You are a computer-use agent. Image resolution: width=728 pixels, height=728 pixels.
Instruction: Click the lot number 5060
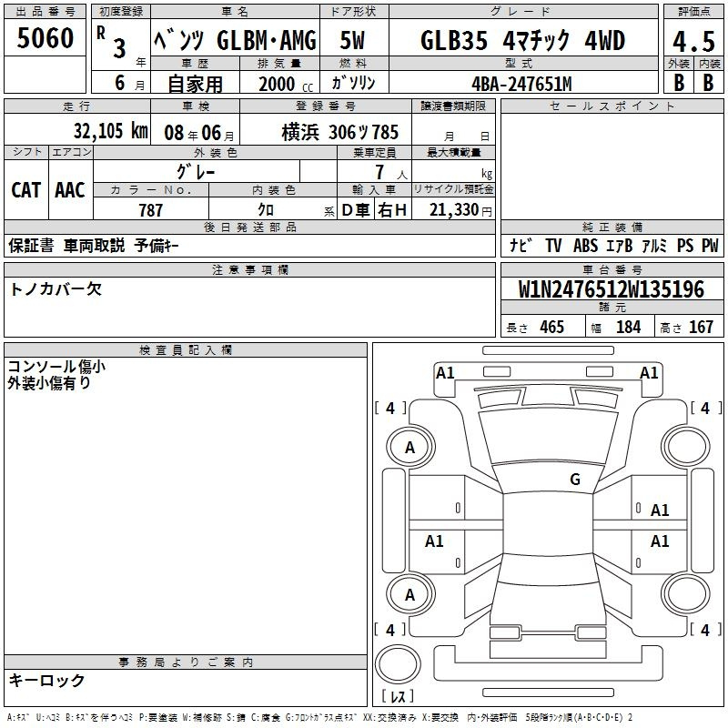click(45, 37)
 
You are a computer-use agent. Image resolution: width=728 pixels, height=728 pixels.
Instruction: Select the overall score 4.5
click(693, 42)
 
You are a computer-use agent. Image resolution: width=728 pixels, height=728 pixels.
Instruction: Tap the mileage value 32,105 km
click(110, 130)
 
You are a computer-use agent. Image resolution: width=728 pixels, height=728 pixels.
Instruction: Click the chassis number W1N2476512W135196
click(612, 288)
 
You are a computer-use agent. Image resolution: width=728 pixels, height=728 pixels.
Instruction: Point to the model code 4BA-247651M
click(521, 84)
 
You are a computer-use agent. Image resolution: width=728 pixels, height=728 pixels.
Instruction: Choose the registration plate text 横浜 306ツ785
click(339, 132)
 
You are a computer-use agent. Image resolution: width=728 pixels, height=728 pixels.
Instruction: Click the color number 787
click(150, 210)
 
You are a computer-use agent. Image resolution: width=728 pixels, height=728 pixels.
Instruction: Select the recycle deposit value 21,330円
click(460, 210)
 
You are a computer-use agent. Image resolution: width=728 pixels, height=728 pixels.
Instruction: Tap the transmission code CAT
click(26, 190)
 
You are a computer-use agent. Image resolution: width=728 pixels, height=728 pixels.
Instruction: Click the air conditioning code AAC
click(70, 190)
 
